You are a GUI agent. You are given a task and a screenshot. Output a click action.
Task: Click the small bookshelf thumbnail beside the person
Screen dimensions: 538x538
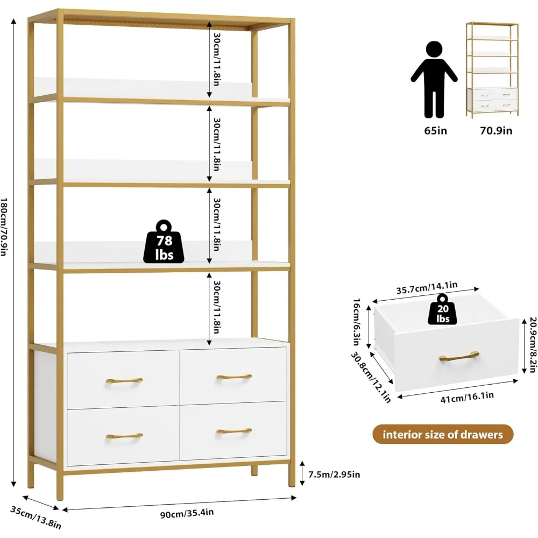[492, 69]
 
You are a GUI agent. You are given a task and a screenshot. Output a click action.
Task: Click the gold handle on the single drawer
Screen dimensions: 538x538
[458, 356]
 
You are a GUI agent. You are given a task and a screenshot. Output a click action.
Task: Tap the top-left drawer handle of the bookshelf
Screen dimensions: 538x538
[124, 380]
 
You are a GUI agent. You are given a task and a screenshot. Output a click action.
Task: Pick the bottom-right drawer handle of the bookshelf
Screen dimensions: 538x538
[234, 431]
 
